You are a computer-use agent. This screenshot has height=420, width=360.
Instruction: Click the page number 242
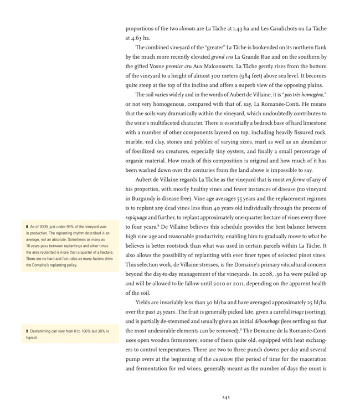tap(226, 397)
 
